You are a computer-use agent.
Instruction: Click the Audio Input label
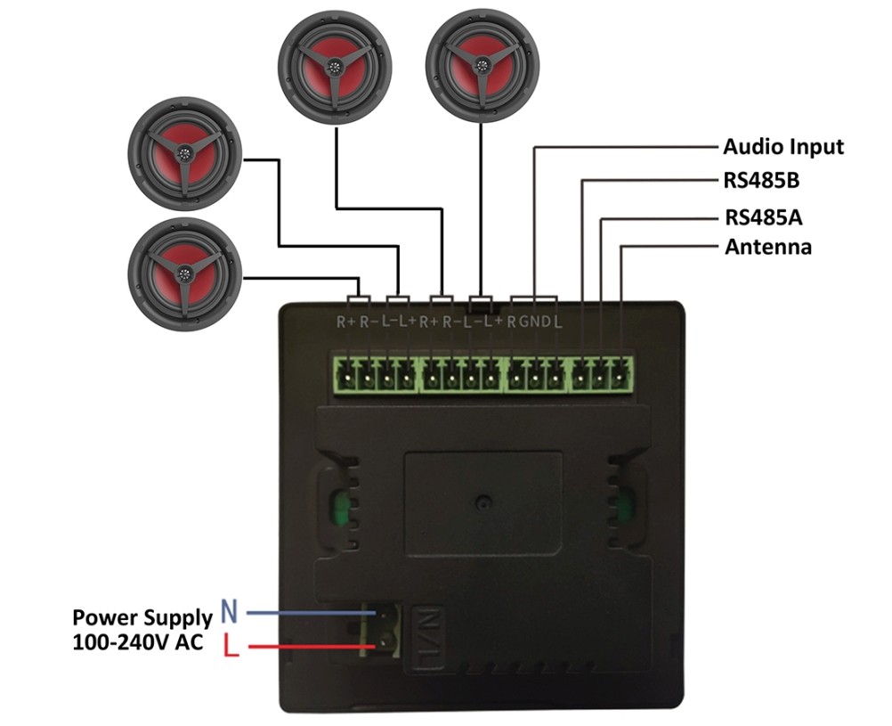[783, 147]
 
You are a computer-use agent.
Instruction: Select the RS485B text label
[761, 181]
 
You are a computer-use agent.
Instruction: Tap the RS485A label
[764, 217]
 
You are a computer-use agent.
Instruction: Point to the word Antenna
[768, 247]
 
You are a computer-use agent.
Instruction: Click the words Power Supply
[142, 618]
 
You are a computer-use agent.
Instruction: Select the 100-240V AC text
[138, 642]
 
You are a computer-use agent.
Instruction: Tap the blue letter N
[229, 611]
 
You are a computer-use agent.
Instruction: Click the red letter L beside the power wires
[231, 645]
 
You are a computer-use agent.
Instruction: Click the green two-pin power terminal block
[381, 630]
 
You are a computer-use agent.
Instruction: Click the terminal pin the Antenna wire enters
[620, 375]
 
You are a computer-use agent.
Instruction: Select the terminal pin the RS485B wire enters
[580, 375]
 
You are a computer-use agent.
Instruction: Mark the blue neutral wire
[312, 613]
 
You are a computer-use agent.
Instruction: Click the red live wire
[312, 647]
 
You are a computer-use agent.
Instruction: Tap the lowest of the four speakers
[185, 274]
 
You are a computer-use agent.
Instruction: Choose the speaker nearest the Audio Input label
[482, 66]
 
